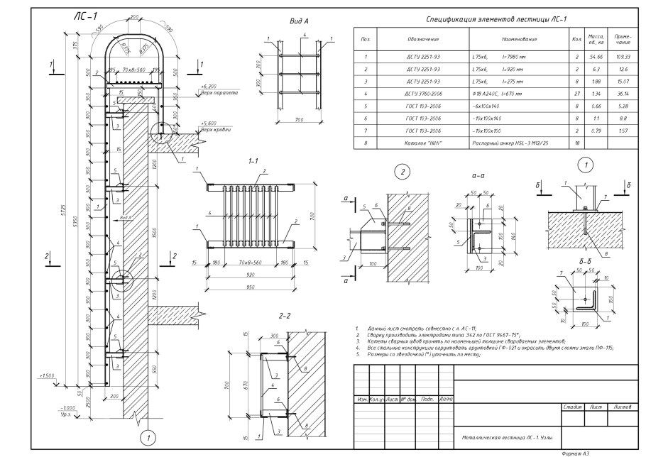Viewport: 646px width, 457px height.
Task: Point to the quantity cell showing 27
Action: (x=576, y=94)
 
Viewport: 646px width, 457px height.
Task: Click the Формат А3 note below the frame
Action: (x=575, y=452)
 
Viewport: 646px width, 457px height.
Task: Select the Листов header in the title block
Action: (x=622, y=407)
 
